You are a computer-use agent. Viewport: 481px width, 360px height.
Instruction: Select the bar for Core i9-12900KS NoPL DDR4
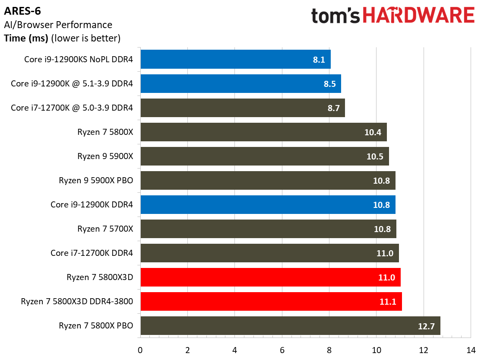tap(235, 60)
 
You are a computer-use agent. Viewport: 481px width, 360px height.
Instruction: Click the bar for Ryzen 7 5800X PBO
tap(290, 326)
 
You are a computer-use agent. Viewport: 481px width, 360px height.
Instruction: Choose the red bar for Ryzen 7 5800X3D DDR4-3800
tap(271, 302)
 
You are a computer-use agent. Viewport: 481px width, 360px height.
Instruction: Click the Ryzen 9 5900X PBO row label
tap(95, 181)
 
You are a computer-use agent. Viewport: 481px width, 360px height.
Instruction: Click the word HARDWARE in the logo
tap(418, 16)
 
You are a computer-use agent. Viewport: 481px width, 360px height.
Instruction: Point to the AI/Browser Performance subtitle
tap(58, 25)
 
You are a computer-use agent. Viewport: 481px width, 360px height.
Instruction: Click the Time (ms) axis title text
tap(26, 38)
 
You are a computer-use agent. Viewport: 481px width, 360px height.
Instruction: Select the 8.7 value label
tap(333, 108)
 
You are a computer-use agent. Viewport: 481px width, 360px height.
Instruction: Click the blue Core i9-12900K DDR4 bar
tap(268, 205)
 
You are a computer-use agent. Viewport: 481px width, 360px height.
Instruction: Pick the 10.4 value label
tap(373, 132)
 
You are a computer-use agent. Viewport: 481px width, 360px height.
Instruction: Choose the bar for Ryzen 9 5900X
tap(265, 156)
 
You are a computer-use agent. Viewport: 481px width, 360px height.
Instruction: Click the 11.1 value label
tap(388, 302)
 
